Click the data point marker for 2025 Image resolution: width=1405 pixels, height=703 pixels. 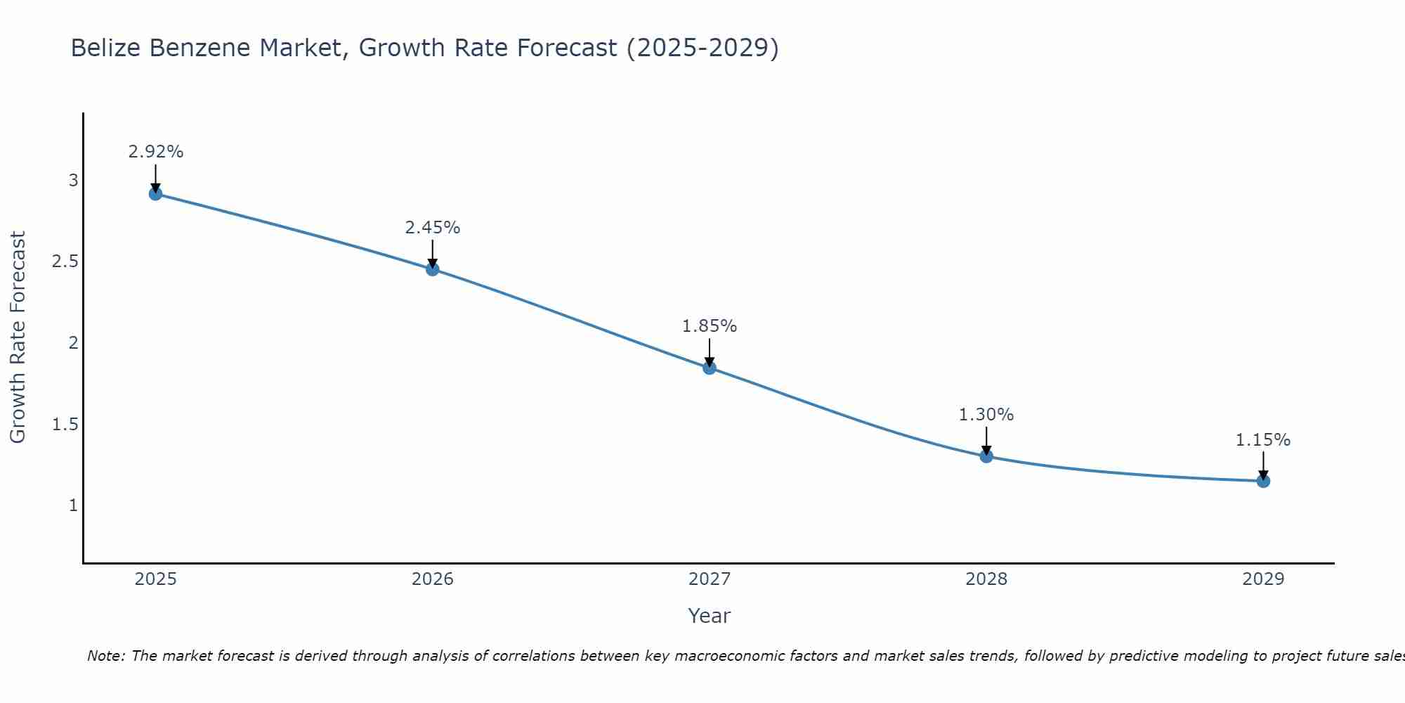click(156, 193)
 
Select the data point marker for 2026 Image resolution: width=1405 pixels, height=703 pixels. click(433, 269)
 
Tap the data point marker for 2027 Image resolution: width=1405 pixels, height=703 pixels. click(710, 368)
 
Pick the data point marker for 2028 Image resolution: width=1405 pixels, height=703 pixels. click(986, 456)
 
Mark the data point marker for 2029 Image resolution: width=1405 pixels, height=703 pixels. click(1263, 481)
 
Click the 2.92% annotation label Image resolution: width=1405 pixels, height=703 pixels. click(156, 152)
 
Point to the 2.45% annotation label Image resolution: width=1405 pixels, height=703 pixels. click(433, 228)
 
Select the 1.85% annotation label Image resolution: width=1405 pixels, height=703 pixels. click(710, 326)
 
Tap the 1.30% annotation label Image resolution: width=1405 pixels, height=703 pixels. click(986, 415)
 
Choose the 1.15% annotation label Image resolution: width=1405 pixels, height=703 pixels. click(1263, 440)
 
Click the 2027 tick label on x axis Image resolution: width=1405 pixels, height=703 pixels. click(710, 579)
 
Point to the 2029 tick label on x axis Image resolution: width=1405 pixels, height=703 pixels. click(1263, 579)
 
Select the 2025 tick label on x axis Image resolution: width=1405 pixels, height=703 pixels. click(156, 579)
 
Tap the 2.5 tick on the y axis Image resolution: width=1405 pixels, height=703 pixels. click(65, 262)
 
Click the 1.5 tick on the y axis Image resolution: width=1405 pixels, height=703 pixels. click(65, 425)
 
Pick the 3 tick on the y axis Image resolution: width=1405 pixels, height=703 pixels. click(73, 181)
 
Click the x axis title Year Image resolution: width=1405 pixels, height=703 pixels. click(710, 616)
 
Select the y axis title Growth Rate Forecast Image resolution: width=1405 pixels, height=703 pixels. click(18, 337)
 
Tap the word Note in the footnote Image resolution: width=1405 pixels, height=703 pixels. click(105, 656)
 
